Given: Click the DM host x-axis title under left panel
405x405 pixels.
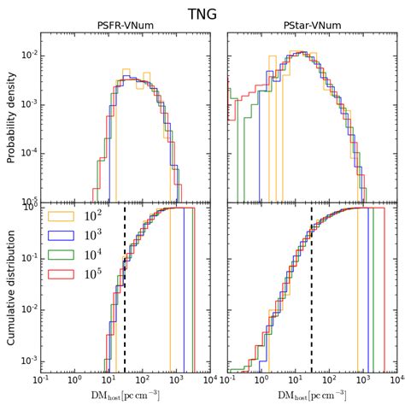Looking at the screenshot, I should (126, 395).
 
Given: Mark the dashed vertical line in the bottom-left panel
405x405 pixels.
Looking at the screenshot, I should (125, 282).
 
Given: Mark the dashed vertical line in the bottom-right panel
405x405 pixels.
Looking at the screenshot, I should (311, 282).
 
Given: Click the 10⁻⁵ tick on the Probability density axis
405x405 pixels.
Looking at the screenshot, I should (27, 202).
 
